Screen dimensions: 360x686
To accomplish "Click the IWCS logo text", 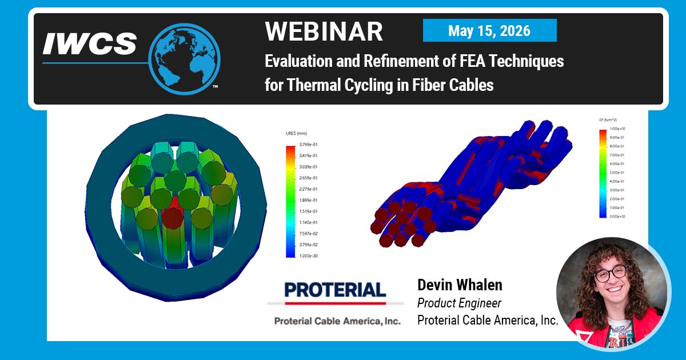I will tap(90, 43).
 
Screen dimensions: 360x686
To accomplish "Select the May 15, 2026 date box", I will tap(489, 30).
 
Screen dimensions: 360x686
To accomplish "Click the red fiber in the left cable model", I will tap(172, 216).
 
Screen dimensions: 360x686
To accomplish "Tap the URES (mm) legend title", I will tap(297, 133).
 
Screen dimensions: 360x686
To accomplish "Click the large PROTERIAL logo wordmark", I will tap(336, 290).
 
